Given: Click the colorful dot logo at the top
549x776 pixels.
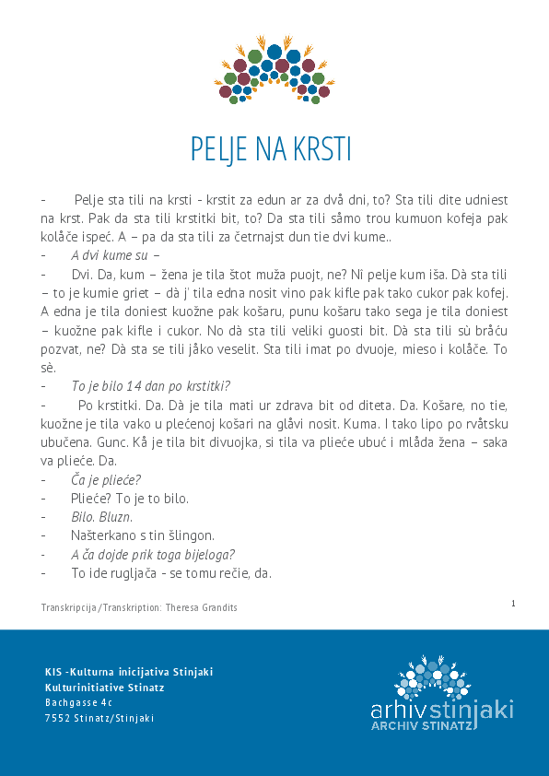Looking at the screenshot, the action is click(x=274, y=69).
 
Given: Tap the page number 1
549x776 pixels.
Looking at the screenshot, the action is click(x=512, y=603).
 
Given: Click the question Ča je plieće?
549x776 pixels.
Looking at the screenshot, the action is click(x=106, y=479).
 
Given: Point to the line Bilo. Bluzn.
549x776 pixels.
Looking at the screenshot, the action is click(x=102, y=516).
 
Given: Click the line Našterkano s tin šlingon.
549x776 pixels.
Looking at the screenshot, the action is click(x=143, y=535).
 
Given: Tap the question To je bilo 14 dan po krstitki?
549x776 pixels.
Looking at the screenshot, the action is click(x=150, y=385).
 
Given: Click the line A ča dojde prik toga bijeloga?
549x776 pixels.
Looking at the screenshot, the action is click(x=153, y=554).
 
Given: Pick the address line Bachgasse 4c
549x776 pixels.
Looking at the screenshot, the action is click(x=77, y=702).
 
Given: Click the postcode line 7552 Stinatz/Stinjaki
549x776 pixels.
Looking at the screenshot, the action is click(x=99, y=718).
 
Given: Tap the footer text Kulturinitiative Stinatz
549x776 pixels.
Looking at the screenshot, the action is click(x=104, y=687).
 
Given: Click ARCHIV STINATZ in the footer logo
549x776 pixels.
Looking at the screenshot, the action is click(x=422, y=726).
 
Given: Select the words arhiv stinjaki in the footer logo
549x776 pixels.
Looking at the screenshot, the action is click(x=441, y=710).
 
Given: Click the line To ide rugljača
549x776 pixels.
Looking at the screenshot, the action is click(x=170, y=572).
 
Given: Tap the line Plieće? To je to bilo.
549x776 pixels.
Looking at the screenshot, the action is click(x=130, y=498).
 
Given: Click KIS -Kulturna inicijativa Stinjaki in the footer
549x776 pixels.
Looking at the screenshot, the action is click(x=129, y=671).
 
